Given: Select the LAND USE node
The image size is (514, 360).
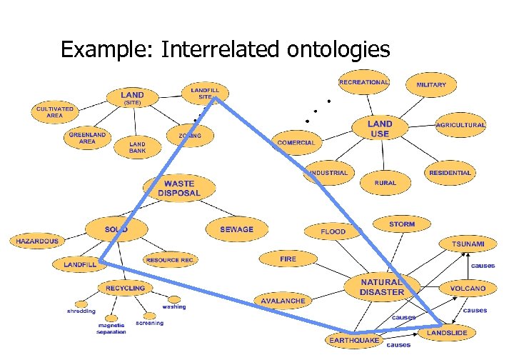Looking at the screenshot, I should [380, 129].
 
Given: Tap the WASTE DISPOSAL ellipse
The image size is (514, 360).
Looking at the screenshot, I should [179, 189].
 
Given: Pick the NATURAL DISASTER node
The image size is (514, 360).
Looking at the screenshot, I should [382, 287].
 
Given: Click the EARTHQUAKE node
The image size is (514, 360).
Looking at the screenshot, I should [354, 341].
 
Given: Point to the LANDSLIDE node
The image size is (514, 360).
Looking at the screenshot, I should [448, 334].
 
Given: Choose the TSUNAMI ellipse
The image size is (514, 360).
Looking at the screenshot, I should [468, 244].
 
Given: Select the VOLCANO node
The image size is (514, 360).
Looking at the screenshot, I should [468, 289].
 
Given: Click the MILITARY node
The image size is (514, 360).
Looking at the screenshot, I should [431, 85].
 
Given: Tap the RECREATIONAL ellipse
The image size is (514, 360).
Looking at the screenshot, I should [364, 82].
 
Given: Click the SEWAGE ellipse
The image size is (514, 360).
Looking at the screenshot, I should [237, 229].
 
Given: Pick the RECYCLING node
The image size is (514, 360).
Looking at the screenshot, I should [125, 288].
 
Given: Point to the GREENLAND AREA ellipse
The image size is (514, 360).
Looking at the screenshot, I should [87, 138].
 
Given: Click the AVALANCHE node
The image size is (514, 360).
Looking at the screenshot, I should [283, 301].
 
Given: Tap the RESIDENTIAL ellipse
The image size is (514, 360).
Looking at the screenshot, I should [450, 173].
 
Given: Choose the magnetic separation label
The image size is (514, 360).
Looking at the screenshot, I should [112, 328].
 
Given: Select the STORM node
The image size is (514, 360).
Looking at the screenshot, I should [402, 225].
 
